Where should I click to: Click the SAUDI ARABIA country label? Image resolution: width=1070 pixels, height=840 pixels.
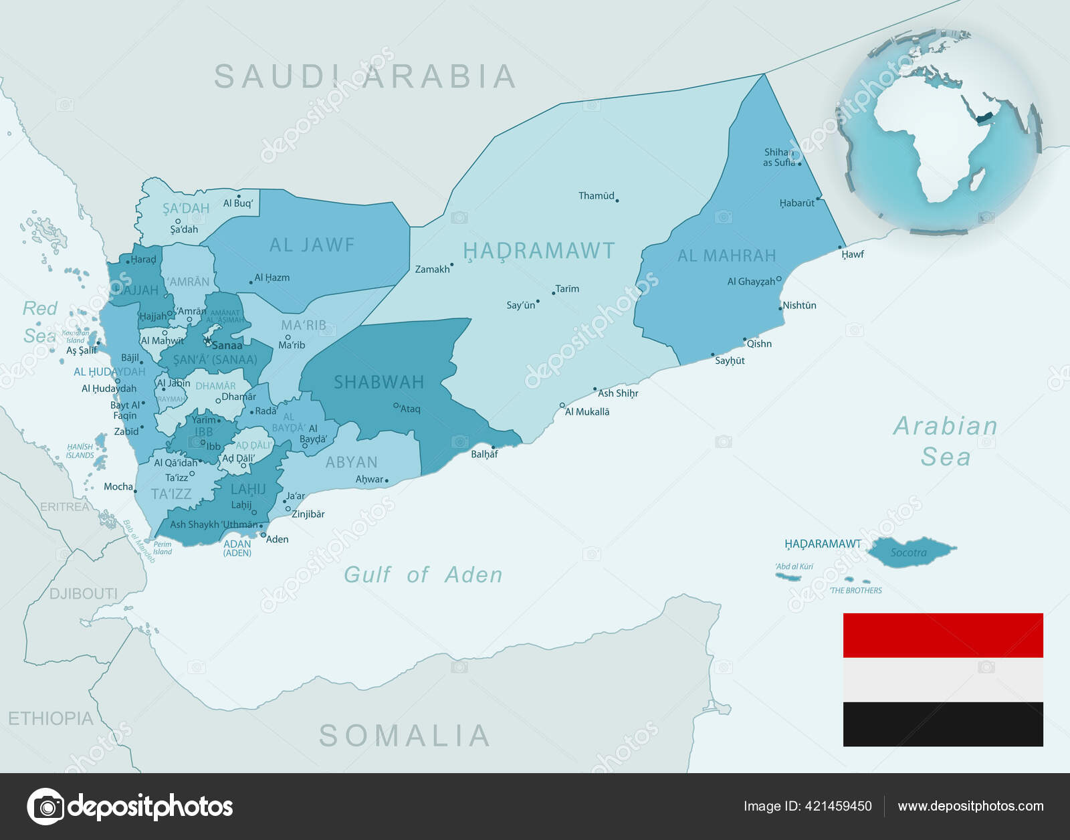365,77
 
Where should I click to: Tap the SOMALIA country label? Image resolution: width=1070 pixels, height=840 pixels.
405,736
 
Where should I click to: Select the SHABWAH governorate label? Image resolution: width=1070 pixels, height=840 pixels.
379,383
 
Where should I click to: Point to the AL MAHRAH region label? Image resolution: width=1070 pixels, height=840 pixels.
726,255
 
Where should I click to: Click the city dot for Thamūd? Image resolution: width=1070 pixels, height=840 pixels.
617,200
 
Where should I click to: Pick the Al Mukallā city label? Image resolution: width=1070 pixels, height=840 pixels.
587,412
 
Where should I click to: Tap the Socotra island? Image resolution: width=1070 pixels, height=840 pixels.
909,552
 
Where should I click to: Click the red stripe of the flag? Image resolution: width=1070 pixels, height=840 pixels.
942,635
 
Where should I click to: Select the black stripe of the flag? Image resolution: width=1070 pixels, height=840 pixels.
942,724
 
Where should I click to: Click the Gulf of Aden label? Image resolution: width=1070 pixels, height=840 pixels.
423,574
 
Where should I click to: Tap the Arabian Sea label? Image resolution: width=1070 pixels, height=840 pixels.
945,441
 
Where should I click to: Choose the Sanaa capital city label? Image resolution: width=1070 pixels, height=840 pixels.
227,346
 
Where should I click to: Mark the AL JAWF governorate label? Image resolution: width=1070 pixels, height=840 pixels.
312,245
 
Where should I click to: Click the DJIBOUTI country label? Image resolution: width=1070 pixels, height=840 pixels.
83,594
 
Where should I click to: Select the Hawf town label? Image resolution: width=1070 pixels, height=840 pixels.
853,254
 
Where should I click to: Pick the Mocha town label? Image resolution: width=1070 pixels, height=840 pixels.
118,487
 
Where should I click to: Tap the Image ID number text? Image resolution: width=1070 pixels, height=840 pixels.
807,806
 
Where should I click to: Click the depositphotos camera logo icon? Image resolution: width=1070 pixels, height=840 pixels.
45,806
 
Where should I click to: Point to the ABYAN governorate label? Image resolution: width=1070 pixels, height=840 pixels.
351,462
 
